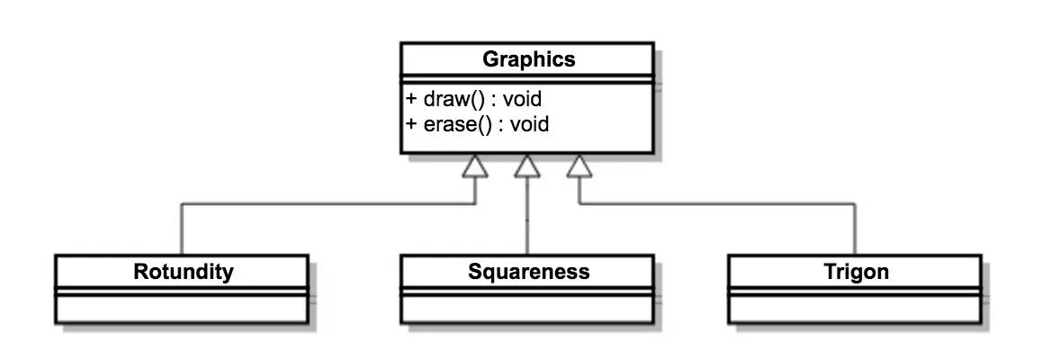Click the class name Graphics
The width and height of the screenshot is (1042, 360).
click(x=528, y=60)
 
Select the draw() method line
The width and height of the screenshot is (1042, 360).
click(x=474, y=98)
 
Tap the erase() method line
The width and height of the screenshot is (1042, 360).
click(x=478, y=123)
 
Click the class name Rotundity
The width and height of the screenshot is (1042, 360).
click(x=183, y=271)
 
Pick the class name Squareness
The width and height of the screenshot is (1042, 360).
click(x=528, y=271)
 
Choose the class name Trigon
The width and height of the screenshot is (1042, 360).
click(x=855, y=271)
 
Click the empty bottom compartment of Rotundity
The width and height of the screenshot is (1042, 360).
click(x=183, y=309)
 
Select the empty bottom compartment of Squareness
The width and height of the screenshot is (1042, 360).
click(x=528, y=309)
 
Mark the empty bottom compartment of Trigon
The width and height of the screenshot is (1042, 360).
click(x=855, y=309)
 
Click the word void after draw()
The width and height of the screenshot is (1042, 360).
click(x=522, y=98)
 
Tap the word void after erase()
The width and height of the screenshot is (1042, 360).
click(x=529, y=123)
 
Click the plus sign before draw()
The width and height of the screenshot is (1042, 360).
click(x=411, y=98)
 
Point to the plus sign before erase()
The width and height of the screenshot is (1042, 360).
click(x=411, y=123)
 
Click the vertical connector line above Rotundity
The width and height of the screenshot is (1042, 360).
click(x=182, y=229)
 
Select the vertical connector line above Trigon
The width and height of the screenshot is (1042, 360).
click(x=855, y=229)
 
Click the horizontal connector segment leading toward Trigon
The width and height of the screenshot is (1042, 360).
click(x=720, y=203)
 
